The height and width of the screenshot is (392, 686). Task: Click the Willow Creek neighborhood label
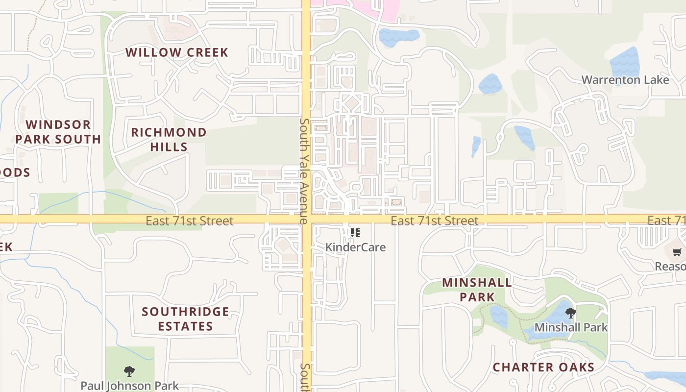[177, 52]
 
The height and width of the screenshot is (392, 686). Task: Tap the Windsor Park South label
[58, 132]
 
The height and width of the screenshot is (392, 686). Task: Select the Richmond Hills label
[169, 139]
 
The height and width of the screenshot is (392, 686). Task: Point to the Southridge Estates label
[185, 319]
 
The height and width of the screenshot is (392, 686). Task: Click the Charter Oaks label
[543, 367]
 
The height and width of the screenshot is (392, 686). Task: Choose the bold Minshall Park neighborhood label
[477, 290]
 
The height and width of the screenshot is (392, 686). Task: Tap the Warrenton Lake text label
[625, 80]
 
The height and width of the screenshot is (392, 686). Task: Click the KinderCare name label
[355, 247]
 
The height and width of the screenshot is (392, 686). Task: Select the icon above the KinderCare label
[355, 232]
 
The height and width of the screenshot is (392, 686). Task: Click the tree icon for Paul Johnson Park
[129, 371]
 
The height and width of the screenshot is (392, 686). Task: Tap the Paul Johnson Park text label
[129, 386]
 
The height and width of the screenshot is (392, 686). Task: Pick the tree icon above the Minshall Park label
[570, 313]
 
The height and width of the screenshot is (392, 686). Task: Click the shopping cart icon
[677, 252]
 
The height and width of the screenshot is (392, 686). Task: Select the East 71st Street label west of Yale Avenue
[189, 221]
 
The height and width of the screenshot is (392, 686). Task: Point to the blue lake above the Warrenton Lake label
[625, 61]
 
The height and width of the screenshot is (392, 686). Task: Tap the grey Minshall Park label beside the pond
[571, 327]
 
